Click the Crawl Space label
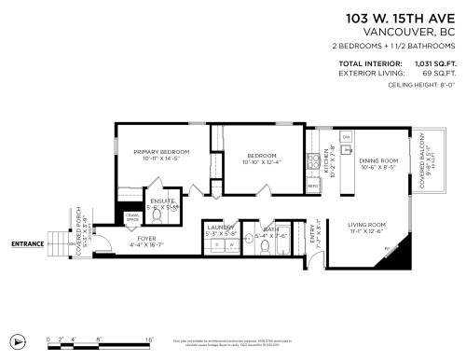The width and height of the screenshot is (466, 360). pyautogui.click(x=131, y=217)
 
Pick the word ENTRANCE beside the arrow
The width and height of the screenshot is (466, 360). pyautogui.click(x=27, y=244)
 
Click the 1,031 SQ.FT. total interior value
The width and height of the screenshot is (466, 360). pyautogui.click(x=433, y=64)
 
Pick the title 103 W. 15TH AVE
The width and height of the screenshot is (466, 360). pyautogui.click(x=401, y=18)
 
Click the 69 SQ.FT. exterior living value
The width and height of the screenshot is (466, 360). pyautogui.click(x=439, y=73)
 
